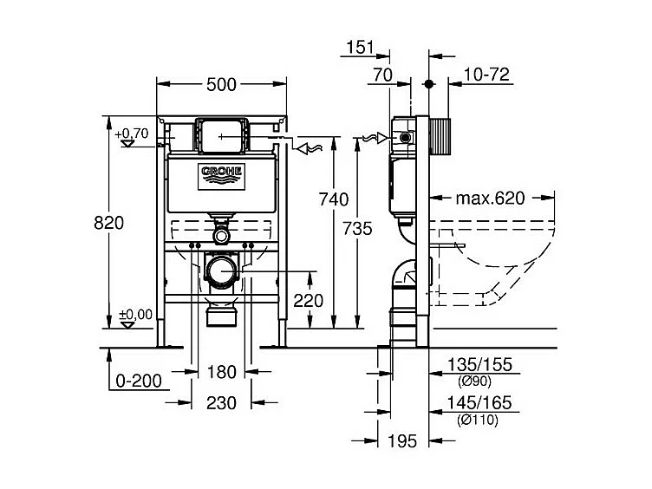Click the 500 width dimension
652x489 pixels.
221,84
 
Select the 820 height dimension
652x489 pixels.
110,222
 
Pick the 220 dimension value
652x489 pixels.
309,301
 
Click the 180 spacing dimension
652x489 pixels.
223,373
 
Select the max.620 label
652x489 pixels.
491,199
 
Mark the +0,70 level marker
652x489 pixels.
131,134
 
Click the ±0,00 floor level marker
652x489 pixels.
133,315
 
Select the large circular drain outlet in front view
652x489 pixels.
222,271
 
